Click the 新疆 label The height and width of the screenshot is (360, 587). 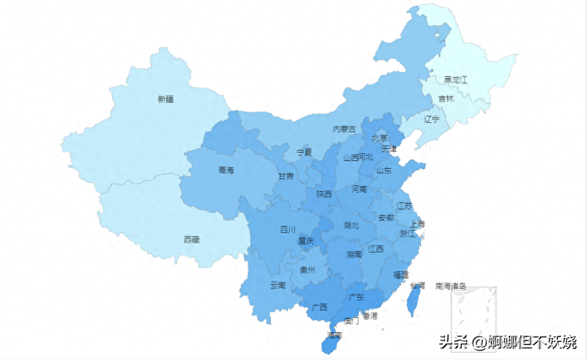pyautogui.click(x=165, y=100)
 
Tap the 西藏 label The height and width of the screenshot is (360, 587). pyautogui.click(x=192, y=239)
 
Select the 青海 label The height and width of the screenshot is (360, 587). pyautogui.click(x=226, y=171)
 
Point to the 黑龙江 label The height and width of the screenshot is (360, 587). pyautogui.click(x=455, y=80)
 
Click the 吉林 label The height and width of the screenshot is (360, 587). pyautogui.click(x=446, y=99)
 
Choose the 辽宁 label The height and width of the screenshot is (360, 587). pyautogui.click(x=432, y=119)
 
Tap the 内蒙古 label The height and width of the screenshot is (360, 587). pyautogui.click(x=344, y=129)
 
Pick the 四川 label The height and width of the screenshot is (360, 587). pyautogui.click(x=288, y=229)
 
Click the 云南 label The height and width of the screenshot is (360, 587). pyautogui.click(x=277, y=285)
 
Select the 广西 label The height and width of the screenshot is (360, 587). pyautogui.click(x=319, y=307)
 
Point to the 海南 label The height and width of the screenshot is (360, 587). pyautogui.click(x=334, y=335)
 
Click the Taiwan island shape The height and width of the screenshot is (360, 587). pyautogui.click(x=413, y=301)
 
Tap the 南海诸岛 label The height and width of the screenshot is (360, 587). pyautogui.click(x=451, y=285)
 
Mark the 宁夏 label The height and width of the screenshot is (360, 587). pyautogui.click(x=304, y=153)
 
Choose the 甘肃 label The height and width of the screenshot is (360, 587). pyautogui.click(x=286, y=176)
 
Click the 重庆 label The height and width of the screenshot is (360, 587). pyautogui.click(x=306, y=241)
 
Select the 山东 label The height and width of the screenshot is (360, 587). pyautogui.click(x=384, y=171)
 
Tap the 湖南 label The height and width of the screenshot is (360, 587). pyautogui.click(x=354, y=255)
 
